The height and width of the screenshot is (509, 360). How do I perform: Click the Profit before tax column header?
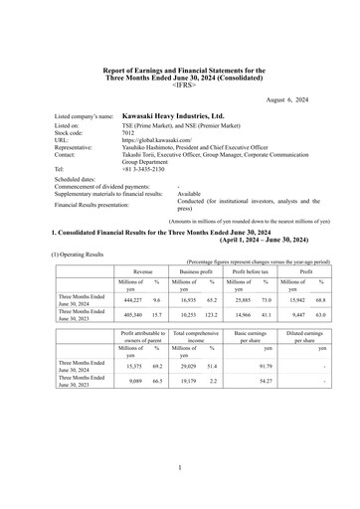pyautogui.click(x=259, y=269)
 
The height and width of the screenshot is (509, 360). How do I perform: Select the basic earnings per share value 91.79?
pyautogui.click(x=261, y=367)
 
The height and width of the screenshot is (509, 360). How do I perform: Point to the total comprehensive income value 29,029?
pyautogui.click(x=192, y=367)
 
